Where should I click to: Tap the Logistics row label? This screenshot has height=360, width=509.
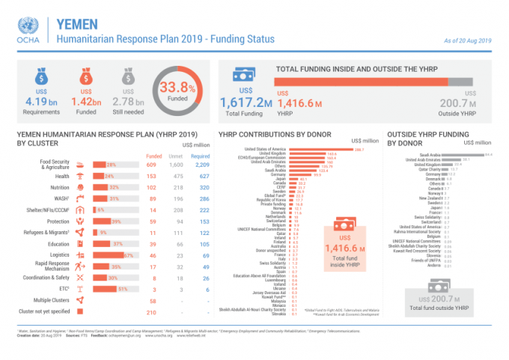click(61, 255)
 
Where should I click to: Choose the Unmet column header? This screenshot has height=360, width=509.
click(177, 155)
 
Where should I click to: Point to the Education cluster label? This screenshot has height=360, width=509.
click(59, 244)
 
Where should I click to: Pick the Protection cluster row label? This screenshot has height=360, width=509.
click(59, 222)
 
